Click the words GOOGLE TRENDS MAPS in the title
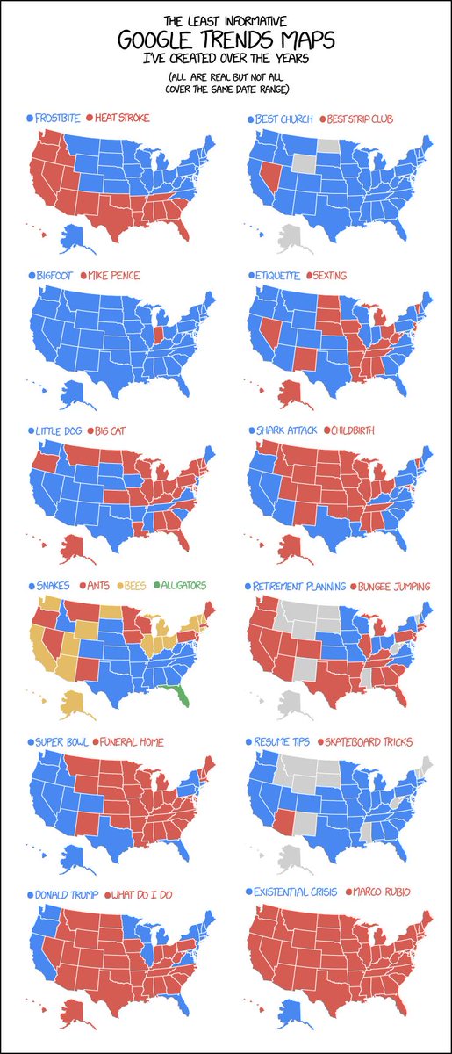(226, 40)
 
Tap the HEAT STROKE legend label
(121, 118)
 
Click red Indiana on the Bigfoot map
(157, 336)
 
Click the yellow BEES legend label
(134, 585)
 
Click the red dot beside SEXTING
(311, 276)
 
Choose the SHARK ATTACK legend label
(286, 430)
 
